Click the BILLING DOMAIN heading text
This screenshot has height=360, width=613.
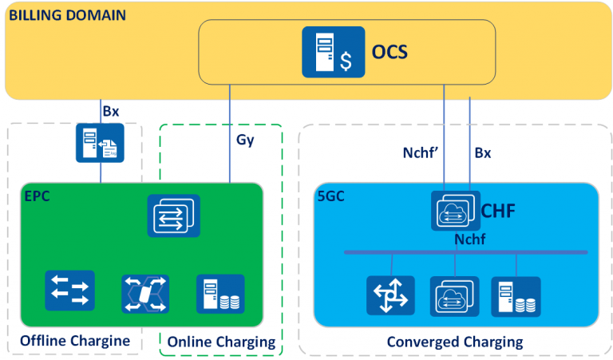[67, 14]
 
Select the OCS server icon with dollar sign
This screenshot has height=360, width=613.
[333, 53]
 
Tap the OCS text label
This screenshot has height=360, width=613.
[390, 53]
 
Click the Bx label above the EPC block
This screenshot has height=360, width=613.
[110, 111]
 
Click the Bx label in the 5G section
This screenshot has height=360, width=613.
[483, 152]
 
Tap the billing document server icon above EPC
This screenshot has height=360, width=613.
[100, 143]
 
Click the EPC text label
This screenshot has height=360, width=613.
[36, 196]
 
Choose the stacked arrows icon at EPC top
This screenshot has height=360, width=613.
[173, 215]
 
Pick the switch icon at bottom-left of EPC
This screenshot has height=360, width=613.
[69, 291]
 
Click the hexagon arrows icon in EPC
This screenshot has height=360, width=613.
[145, 294]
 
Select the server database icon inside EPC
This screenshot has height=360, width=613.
[220, 294]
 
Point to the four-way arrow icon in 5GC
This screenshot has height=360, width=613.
[390, 297]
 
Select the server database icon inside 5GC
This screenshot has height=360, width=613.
[516, 297]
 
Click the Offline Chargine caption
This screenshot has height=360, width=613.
[74, 341]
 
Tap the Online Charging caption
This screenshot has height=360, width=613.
[221, 342]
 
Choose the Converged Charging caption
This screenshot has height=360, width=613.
[454, 342]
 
